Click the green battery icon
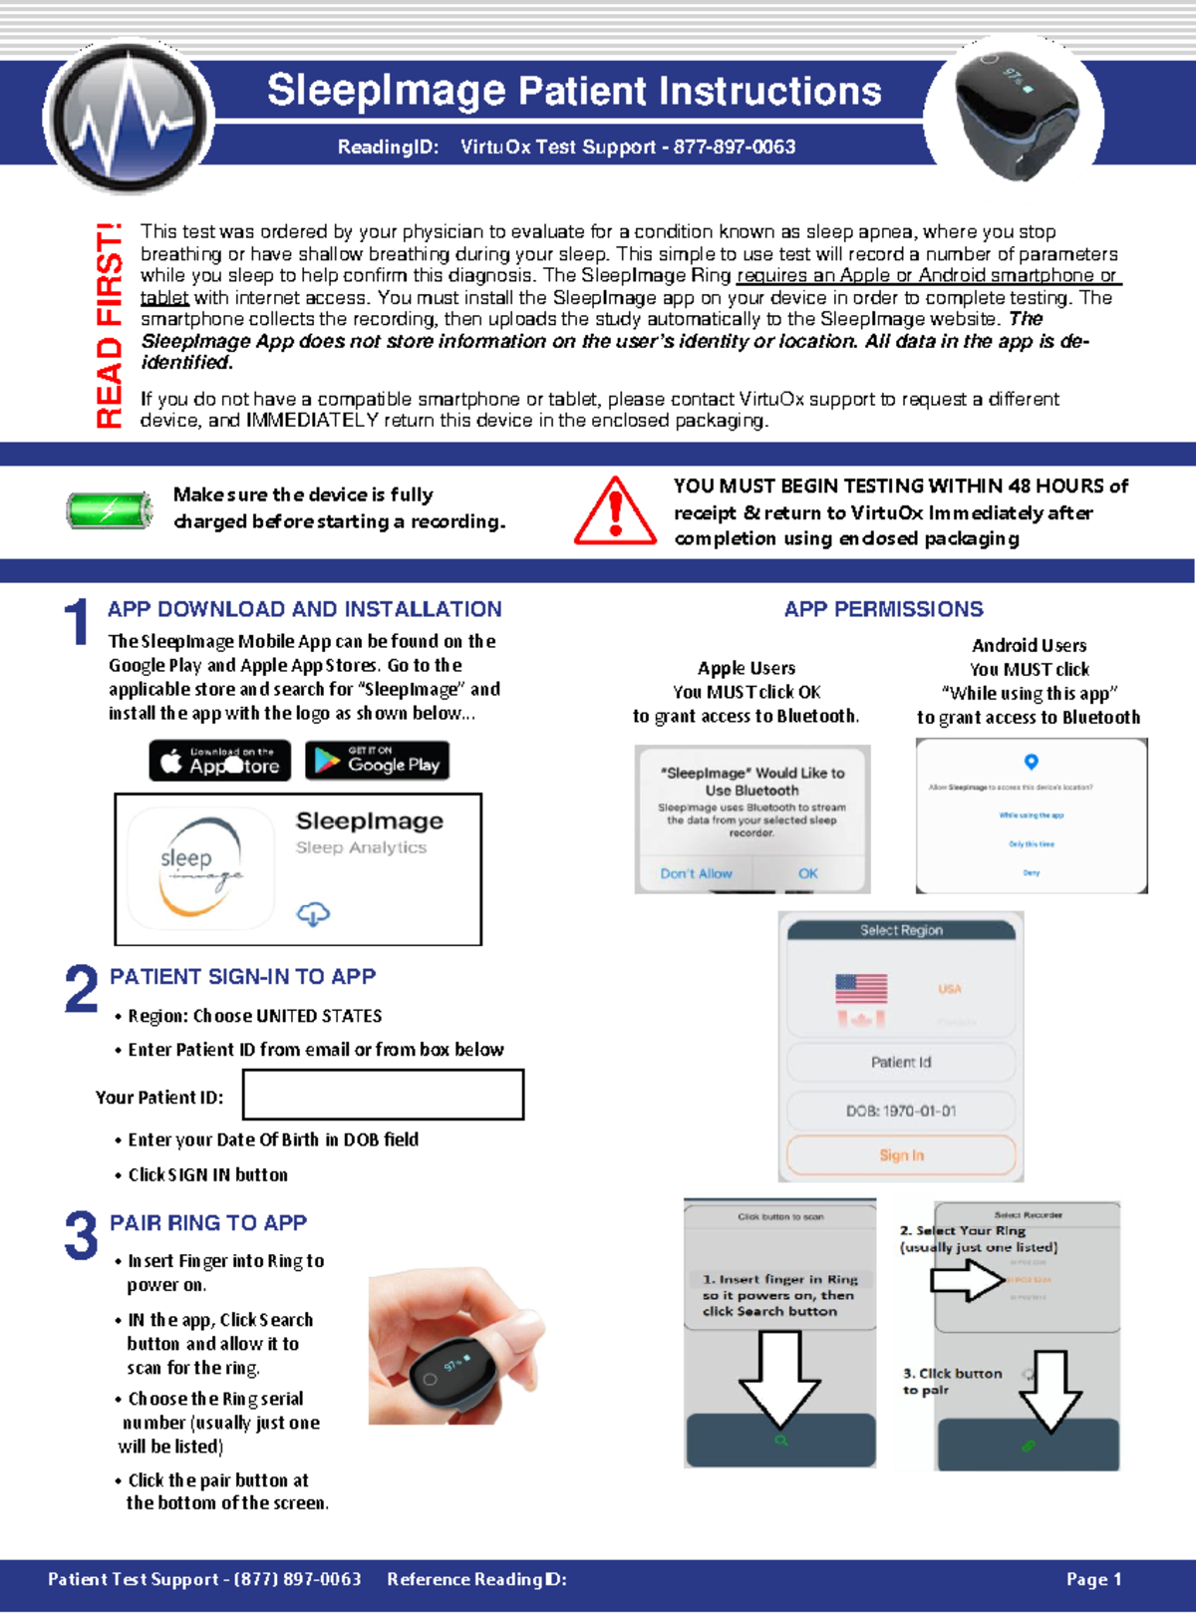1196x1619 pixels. pos(110,510)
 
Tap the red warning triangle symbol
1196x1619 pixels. pos(615,512)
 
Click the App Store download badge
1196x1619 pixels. pos(220,761)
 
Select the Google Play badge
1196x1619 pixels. pos(378,761)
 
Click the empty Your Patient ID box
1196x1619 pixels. pos(383,1095)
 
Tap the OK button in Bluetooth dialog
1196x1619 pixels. pos(807,873)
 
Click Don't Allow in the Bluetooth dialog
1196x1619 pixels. pos(696,873)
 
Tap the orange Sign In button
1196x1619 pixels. pos(901,1155)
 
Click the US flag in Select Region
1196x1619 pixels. pos(861,988)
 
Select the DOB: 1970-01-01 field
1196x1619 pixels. pos(901,1111)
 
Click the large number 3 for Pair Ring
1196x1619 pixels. pos(81,1236)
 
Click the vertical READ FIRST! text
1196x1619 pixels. pos(109,326)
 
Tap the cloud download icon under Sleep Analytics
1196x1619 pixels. pos(313,913)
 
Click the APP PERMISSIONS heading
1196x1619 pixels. pos(883,609)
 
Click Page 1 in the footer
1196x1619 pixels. pos(1093,1579)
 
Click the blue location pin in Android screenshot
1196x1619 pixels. pos(1032,762)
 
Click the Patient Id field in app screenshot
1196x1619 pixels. pos(901,1063)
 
